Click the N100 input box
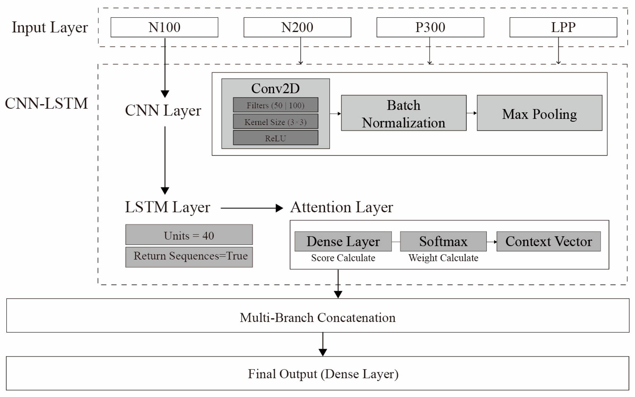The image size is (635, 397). pos(164,27)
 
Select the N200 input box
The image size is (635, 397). pos(297,27)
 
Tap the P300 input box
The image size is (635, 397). pos(430,27)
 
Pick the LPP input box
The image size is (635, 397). pos(563,27)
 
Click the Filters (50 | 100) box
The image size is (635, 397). pos(275,105)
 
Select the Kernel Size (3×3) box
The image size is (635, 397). pos(275,122)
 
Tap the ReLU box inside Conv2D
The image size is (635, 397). pos(275,138)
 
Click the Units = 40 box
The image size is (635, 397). pos(189,235)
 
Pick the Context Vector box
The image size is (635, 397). pos(548,241)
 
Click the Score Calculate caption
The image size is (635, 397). pos(343,258)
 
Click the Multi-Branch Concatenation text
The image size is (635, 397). pos(317,318)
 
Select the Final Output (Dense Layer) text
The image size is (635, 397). pos(323,374)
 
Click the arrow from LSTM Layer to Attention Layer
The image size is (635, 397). pos(251,208)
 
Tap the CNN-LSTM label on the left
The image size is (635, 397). pos(46,103)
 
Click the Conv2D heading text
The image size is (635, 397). pos(275,89)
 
